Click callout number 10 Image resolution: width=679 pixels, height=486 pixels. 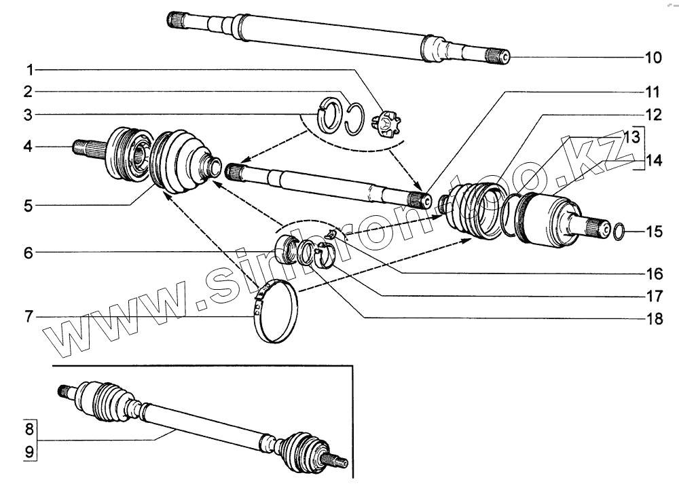pyautogui.click(x=653, y=58)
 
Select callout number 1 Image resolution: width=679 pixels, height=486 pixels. pyautogui.click(x=29, y=69)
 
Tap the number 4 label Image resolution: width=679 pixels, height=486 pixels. pyautogui.click(x=29, y=145)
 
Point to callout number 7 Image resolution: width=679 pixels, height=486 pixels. pyautogui.click(x=29, y=316)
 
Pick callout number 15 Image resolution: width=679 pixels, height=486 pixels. pyautogui.click(x=653, y=231)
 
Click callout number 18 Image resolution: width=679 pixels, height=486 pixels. pyautogui.click(x=653, y=318)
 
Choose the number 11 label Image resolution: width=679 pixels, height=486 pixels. pyautogui.click(x=653, y=91)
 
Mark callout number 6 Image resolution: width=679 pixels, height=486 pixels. pyautogui.click(x=29, y=253)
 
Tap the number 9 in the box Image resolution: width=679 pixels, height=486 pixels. pyautogui.click(x=29, y=450)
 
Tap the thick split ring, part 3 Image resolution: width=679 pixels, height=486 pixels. pyautogui.click(x=332, y=114)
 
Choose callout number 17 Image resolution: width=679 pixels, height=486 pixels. pyautogui.click(x=653, y=296)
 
